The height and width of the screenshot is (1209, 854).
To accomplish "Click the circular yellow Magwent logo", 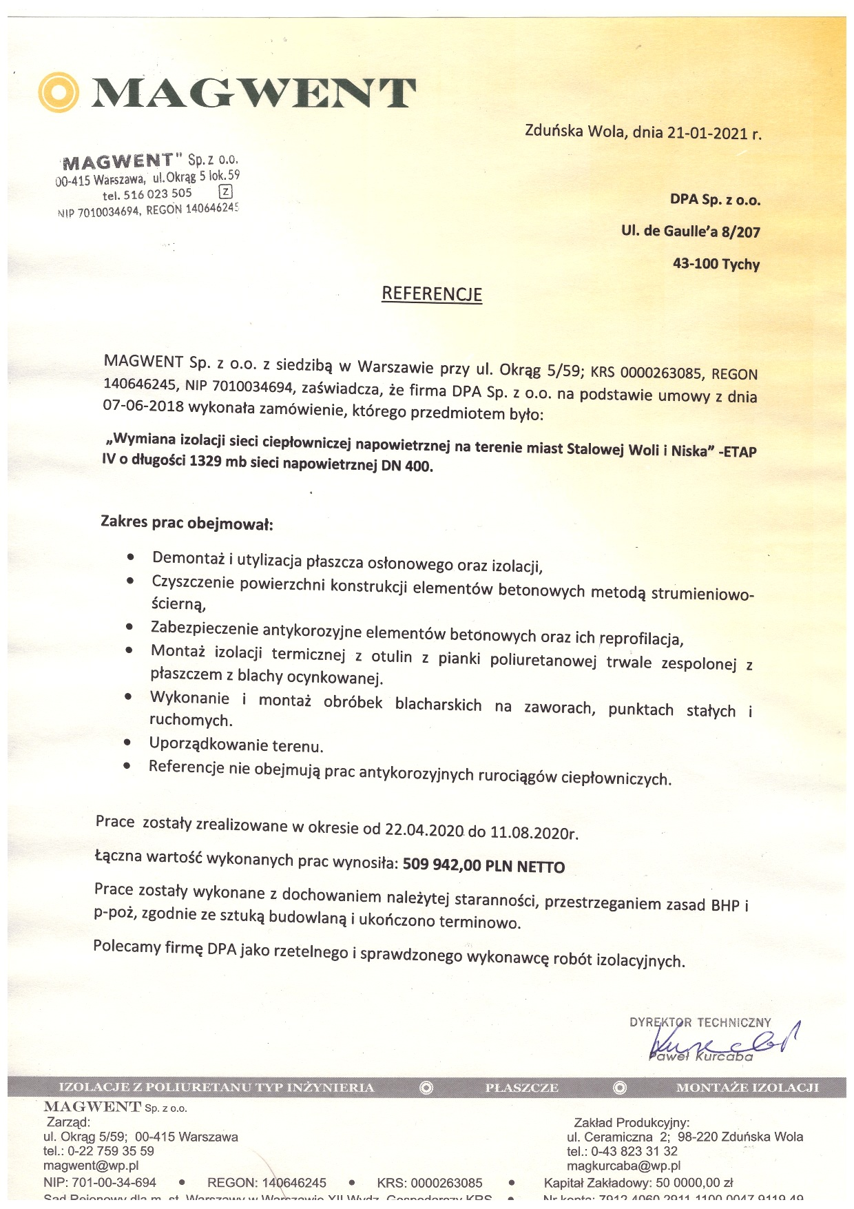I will [59, 92].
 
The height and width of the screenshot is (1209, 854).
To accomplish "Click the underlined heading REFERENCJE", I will [432, 294].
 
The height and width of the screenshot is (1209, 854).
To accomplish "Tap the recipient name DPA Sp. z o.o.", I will [715, 200].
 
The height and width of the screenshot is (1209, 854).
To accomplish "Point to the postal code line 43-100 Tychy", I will [716, 264].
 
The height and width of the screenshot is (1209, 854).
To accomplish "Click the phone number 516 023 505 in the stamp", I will [158, 194].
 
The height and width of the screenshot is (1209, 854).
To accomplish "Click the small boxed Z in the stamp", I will [225, 192].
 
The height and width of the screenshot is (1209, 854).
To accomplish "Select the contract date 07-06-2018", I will [143, 406].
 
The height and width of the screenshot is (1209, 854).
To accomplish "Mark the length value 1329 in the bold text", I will [205, 461].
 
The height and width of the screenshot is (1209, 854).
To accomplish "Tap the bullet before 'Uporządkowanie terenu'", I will [127, 743].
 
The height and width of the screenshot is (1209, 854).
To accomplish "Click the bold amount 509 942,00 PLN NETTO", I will [483, 866].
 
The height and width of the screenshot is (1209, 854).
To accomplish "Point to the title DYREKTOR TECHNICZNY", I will [700, 1022].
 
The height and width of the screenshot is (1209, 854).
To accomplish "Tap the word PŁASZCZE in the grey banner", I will [521, 1088].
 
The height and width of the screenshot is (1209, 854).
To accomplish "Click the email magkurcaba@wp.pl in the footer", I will [623, 1166].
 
